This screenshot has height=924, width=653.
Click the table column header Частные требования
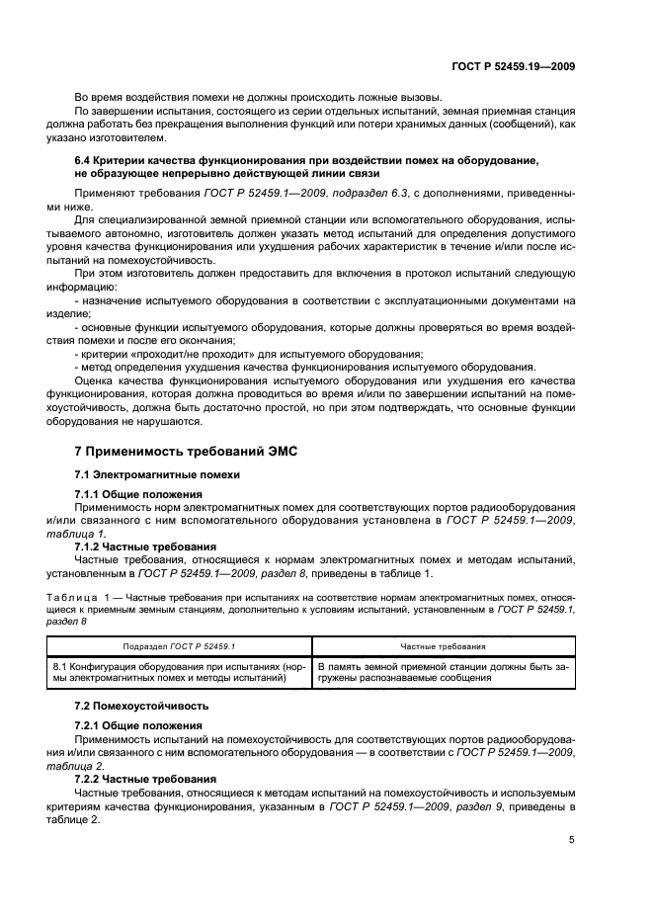pos(442,646)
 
